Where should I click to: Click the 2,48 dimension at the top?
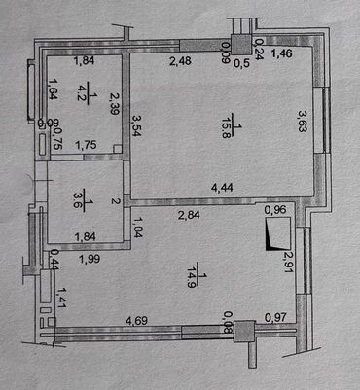(181, 64)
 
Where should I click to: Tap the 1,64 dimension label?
(53, 91)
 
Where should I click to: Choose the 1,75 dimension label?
(87, 146)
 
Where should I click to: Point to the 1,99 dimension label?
(90, 258)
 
